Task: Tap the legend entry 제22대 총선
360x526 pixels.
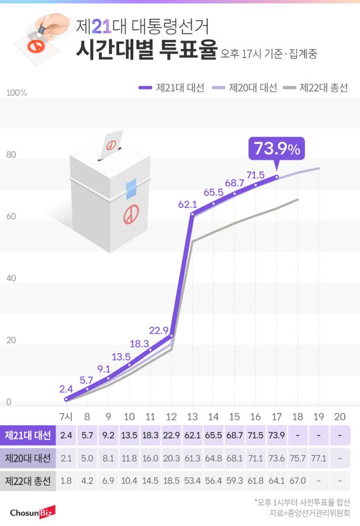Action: coord(316,88)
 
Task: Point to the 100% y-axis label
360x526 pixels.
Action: coord(17,93)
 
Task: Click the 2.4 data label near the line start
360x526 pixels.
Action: coord(66,388)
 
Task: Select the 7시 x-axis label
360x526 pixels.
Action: coord(66,417)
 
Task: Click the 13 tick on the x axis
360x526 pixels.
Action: coord(192,417)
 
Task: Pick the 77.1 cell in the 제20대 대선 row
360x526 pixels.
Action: coord(318,458)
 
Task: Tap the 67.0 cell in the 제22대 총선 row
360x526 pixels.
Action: coord(297,481)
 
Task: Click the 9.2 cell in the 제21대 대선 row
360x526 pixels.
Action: coord(108,435)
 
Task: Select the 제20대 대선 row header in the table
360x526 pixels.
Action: coord(28,458)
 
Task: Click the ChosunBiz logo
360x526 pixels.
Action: coord(32,512)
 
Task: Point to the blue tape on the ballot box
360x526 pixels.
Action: coord(131,187)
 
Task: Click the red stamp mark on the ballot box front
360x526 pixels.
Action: coord(130,214)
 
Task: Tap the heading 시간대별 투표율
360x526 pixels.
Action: coord(146,50)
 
